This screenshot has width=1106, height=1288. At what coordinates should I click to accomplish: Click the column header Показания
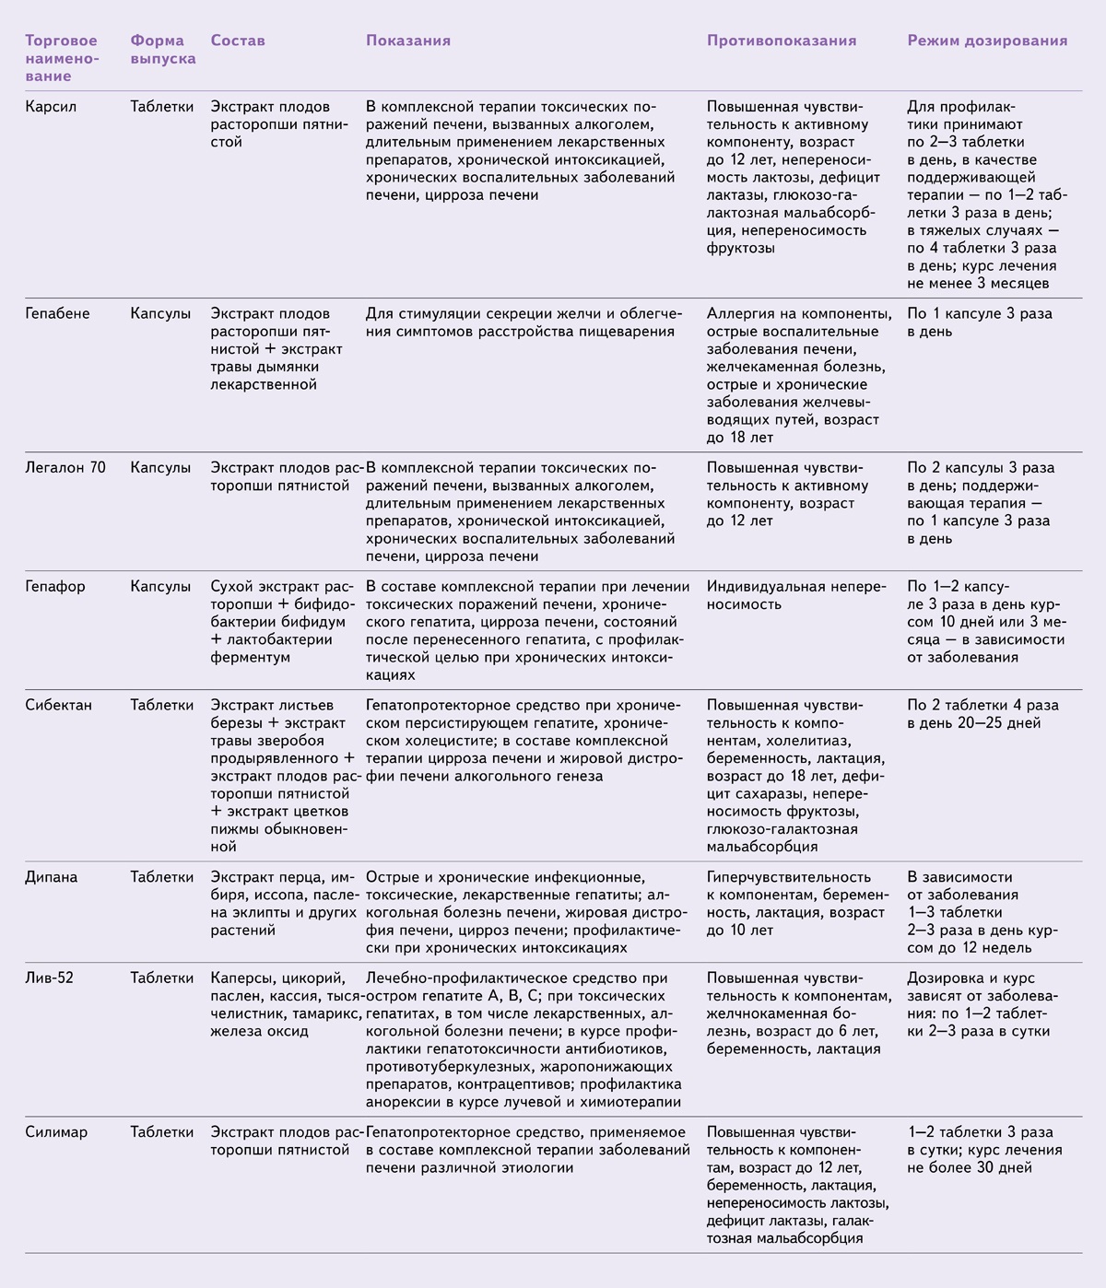pos(407,41)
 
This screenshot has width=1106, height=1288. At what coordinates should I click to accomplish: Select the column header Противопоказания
pos(782,41)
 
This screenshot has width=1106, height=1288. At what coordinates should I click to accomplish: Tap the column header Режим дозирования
pos(987,41)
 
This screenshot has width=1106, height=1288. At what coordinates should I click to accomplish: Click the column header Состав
pos(238,41)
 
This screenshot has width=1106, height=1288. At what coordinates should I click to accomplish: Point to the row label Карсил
pos(51,107)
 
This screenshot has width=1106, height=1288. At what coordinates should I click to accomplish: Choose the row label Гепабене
pos(57,313)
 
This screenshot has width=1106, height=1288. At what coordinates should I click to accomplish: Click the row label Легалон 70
pos(65,467)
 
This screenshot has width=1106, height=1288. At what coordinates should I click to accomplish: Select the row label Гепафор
pos(55,586)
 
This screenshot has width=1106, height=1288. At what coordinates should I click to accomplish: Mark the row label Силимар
pos(56,1132)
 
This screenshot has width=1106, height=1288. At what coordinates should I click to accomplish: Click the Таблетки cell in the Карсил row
pos(162,107)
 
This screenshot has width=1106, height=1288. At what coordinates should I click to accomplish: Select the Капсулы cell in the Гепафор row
pos(160,586)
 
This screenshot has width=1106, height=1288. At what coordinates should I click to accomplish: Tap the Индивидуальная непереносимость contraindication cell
pos(795,595)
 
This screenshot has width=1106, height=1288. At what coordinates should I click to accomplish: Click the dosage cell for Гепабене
pos(979,322)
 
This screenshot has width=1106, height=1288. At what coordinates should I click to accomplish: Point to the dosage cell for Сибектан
pos(982,714)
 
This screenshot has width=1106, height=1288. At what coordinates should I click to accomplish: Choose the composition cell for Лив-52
pos(281,1004)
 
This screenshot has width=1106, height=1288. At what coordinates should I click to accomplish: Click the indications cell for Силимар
pos(527,1150)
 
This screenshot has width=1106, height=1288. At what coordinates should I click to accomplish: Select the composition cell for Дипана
pos(283,904)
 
